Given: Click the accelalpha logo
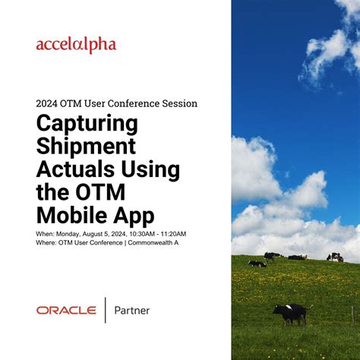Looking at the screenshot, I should pyautogui.click(x=76, y=46).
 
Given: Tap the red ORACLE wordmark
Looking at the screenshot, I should pyautogui.click(x=66, y=310).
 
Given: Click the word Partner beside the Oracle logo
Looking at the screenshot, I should pyautogui.click(x=131, y=310).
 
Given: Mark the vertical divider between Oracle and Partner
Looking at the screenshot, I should pyautogui.click(x=105, y=310).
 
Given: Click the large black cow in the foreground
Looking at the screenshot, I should pyautogui.click(x=290, y=312).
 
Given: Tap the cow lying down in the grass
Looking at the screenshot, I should pyautogui.click(x=257, y=264).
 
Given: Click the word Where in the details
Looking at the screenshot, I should pyautogui.click(x=45, y=242).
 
